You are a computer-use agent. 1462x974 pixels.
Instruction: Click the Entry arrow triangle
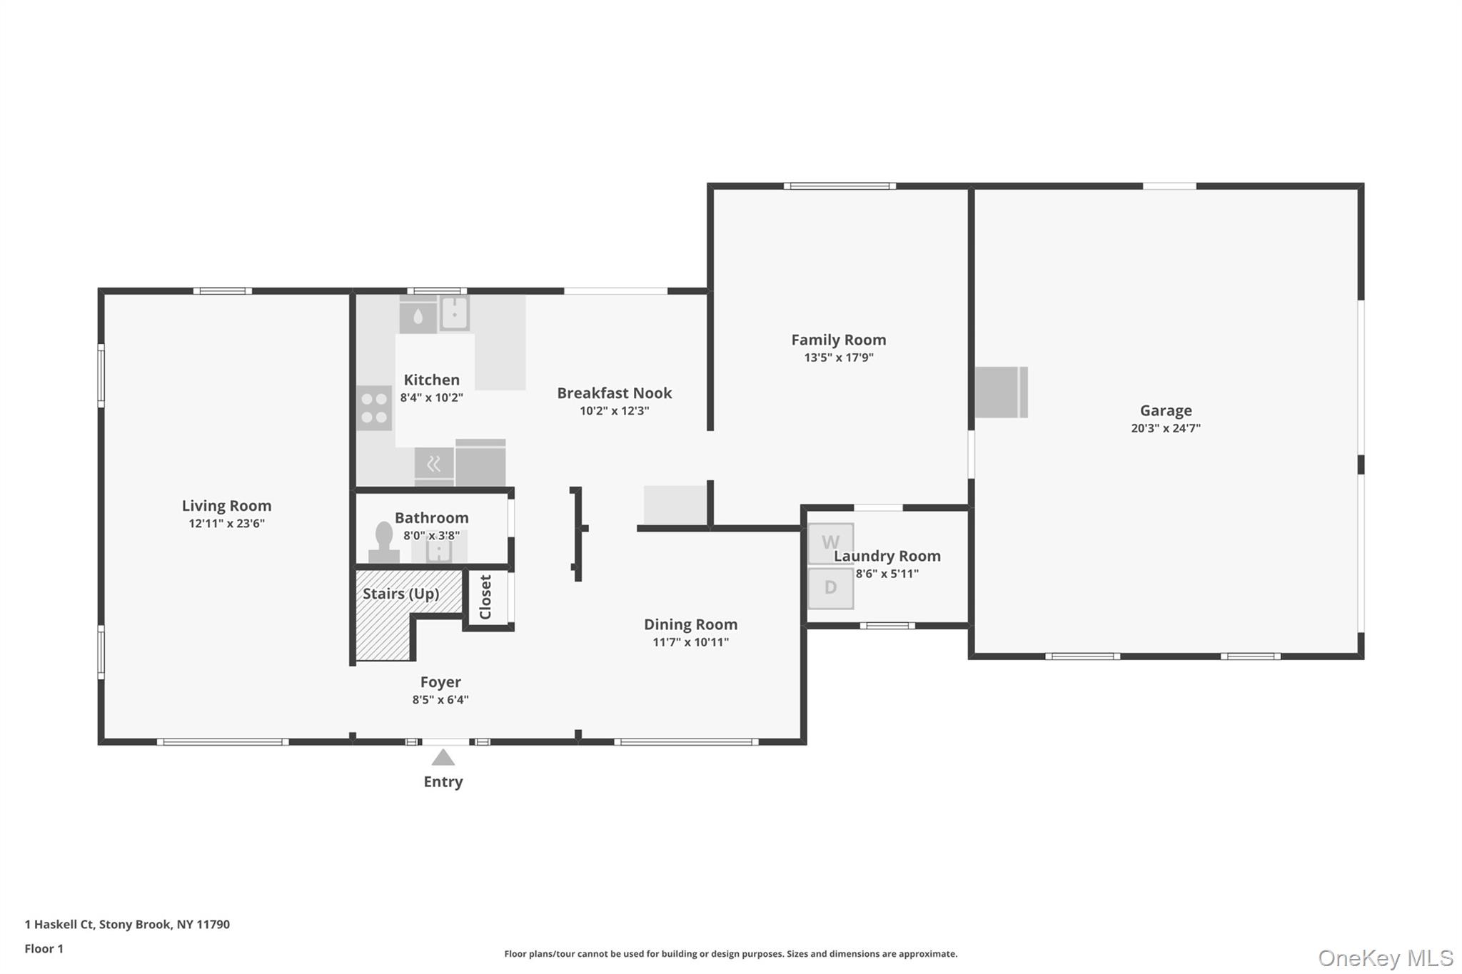(443, 758)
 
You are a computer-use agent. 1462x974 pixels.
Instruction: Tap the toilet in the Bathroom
(384, 543)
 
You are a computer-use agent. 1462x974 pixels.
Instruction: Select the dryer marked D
(830, 588)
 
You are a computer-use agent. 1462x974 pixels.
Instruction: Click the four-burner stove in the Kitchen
(374, 408)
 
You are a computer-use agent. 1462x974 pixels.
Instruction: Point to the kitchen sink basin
(454, 313)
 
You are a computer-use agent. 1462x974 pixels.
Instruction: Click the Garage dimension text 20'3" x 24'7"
(1165, 428)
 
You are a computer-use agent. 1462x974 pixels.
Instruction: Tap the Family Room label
(838, 340)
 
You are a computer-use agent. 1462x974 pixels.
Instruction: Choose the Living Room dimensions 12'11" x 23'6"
(226, 524)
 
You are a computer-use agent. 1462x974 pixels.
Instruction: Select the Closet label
(485, 597)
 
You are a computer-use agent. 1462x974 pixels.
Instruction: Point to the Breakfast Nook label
(614, 393)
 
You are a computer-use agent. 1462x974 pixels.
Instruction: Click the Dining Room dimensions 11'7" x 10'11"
(690, 642)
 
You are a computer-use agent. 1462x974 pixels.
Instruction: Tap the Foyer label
(440, 682)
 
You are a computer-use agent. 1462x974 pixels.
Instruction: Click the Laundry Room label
(887, 556)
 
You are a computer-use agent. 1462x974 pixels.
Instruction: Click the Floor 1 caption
(44, 949)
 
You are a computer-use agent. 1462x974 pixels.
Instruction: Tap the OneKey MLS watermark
(1385, 958)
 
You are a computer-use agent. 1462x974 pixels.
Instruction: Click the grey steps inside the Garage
(1000, 392)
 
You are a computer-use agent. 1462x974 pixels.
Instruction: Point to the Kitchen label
(431, 380)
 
